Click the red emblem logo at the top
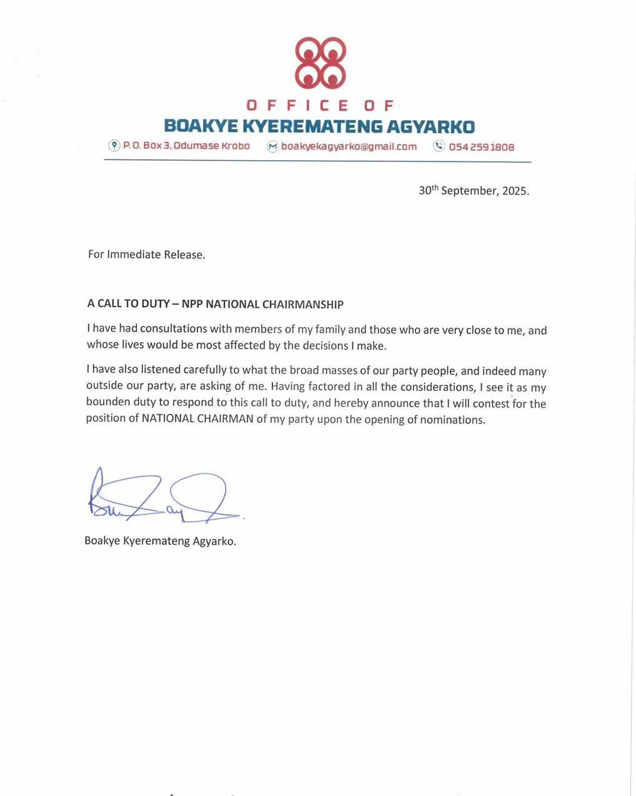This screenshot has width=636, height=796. [319, 63]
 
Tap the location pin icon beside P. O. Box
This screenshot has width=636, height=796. [114, 146]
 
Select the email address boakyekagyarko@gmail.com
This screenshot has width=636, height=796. [349, 147]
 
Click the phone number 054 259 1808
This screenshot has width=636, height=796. [482, 147]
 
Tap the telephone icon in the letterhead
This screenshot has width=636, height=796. [439, 146]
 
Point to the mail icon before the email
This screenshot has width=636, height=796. [272, 147]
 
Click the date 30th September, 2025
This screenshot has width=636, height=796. [474, 191]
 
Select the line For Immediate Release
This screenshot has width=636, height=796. [146, 254]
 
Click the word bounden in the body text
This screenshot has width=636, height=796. [107, 403]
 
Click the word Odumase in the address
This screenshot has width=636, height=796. [196, 146]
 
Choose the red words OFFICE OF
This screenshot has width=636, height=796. [319, 105]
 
